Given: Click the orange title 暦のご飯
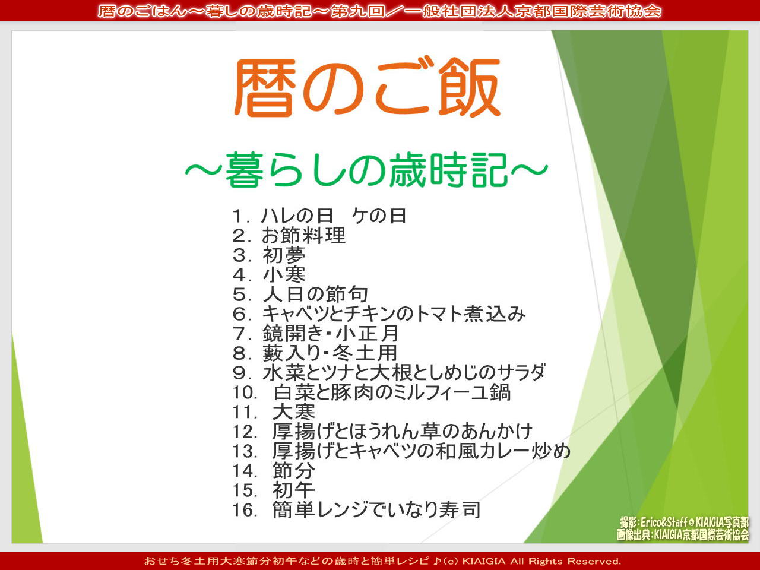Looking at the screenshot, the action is pyautogui.click(x=367, y=87).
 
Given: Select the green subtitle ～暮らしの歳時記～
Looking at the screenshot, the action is pyautogui.click(x=367, y=170).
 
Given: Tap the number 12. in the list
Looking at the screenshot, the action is pyautogui.click(x=245, y=432).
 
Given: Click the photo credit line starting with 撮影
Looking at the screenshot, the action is pyautogui.click(x=684, y=522).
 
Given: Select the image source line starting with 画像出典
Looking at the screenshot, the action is pyautogui.click(x=682, y=535).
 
